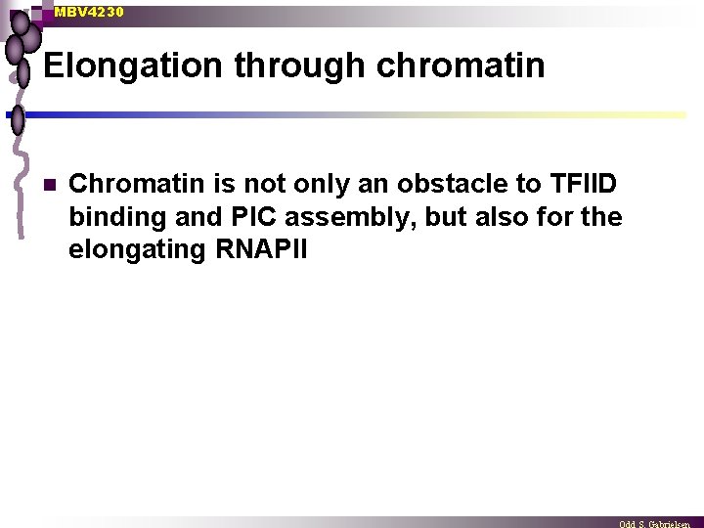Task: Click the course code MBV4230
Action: click(x=89, y=12)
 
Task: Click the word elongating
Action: click(x=135, y=250)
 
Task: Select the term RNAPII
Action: click(x=259, y=249)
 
